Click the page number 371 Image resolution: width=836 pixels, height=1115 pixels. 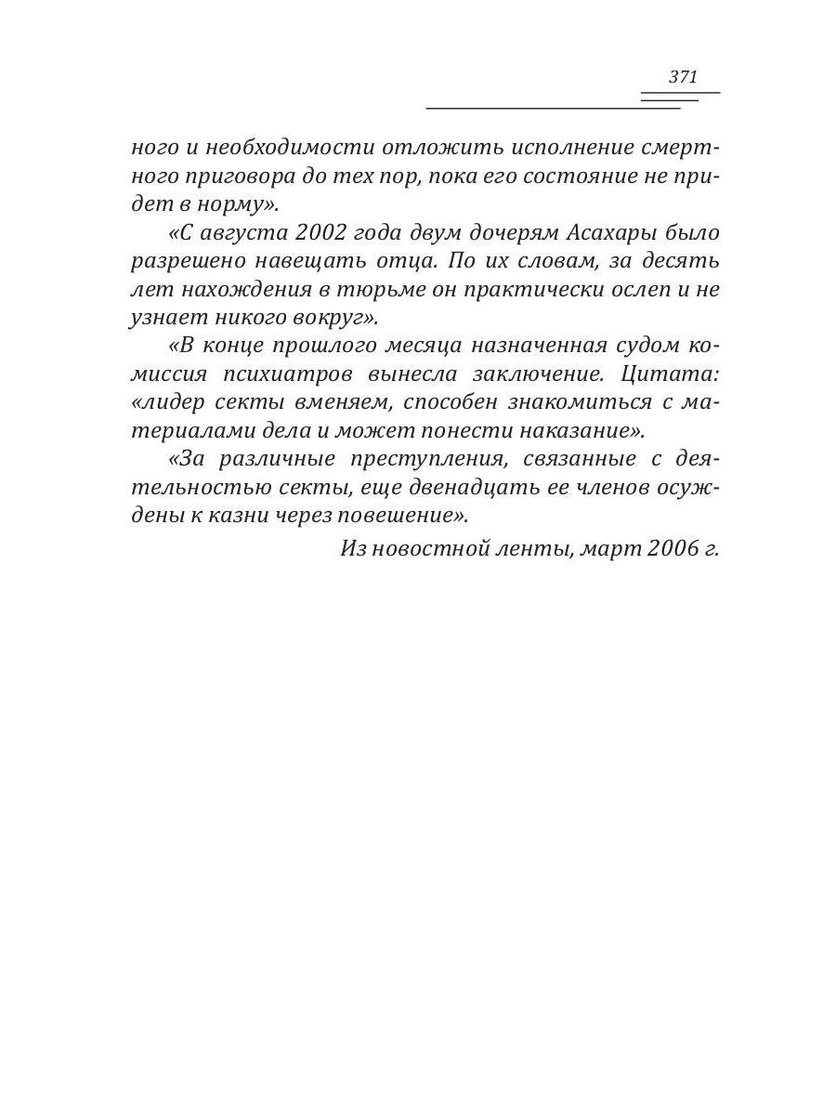683,77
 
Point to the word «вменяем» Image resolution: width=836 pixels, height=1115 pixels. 358,402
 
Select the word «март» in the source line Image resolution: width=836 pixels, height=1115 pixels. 611,548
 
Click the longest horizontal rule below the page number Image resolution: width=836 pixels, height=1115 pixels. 553,109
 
